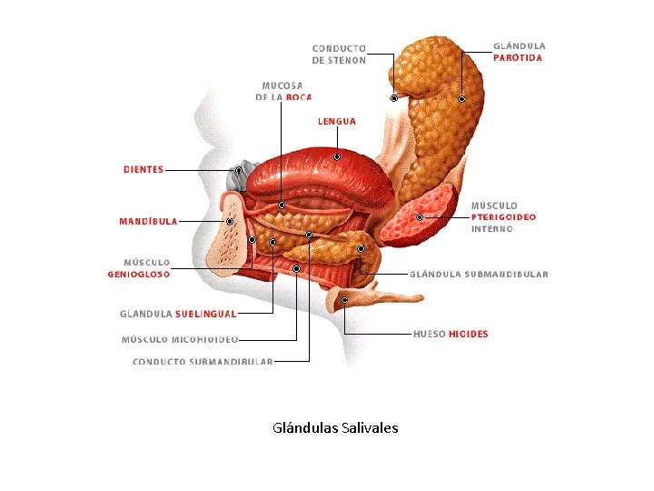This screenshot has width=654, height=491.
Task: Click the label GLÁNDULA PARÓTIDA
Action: coord(519,51)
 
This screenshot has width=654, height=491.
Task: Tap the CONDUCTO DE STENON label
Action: coord(339,55)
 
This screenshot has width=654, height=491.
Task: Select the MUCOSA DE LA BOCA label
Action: coord(283,91)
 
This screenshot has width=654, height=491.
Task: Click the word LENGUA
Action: coord(336,121)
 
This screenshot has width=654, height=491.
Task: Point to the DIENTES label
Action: coord(144,169)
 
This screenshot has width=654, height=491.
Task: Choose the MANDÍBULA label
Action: coord(148,221)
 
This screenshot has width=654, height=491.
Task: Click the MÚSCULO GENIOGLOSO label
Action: coord(139,267)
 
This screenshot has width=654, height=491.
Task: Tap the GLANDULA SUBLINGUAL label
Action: coord(178,314)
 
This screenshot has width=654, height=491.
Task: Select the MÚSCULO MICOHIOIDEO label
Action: coord(180,340)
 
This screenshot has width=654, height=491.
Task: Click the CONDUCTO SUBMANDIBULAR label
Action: coord(203,362)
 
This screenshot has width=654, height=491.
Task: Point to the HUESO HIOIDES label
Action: coord(451,334)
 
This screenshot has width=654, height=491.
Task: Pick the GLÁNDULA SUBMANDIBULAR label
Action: coord(480,274)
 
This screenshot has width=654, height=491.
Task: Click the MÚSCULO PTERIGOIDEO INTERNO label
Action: coord(503,217)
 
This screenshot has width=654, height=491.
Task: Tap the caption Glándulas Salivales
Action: coord(335,427)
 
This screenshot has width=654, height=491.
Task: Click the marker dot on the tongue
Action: coord(336,157)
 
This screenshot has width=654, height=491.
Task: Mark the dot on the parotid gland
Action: coord(461,98)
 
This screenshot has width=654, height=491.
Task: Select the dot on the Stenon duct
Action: coord(394,97)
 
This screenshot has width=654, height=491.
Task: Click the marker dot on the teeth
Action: coord(239,170)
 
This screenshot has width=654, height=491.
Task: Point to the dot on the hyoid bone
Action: coord(344,299)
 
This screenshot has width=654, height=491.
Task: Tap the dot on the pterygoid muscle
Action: coord(420,217)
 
